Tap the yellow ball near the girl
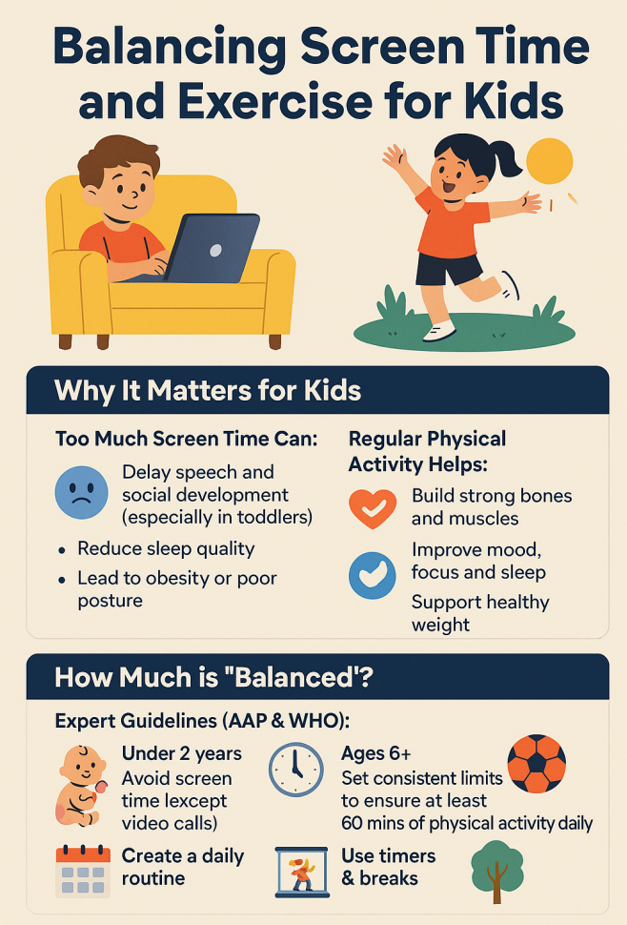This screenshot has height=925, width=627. pyautogui.click(x=549, y=162)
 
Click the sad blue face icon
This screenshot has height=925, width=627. pyautogui.click(x=81, y=493)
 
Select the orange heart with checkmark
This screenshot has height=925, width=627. pyautogui.click(x=373, y=508)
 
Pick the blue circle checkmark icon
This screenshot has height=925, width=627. pyautogui.click(x=373, y=576)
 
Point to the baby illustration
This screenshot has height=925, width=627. pyautogui.click(x=81, y=786)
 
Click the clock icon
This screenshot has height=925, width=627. pyautogui.click(x=296, y=770)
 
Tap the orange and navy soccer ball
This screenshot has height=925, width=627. pyautogui.click(x=536, y=763)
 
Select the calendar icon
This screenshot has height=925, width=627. pyautogui.click(x=83, y=872)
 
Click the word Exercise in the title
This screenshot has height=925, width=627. pyautogui.click(x=274, y=101)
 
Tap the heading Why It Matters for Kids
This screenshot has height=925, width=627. pyautogui.click(x=208, y=391)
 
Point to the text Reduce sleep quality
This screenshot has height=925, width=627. pyautogui.click(x=166, y=548)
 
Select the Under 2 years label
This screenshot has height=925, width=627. pyautogui.click(x=181, y=753)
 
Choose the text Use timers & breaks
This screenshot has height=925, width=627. pyautogui.click(x=389, y=867)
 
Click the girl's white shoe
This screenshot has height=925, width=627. pyautogui.click(x=439, y=332)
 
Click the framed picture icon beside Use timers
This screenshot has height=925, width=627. pyautogui.click(x=302, y=872)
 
